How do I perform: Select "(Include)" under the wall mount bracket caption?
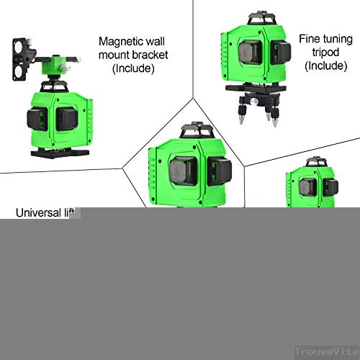135,68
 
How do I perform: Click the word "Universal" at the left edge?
37,213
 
